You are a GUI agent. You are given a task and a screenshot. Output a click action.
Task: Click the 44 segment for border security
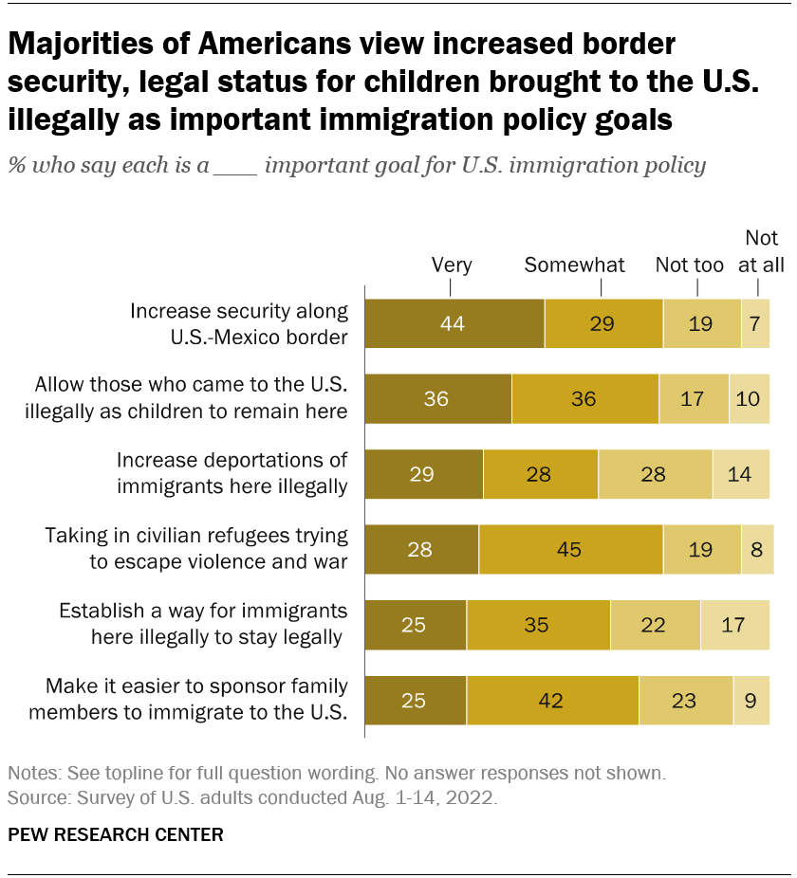tap(454, 323)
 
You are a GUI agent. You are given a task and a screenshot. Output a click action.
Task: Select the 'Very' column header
tap(452, 265)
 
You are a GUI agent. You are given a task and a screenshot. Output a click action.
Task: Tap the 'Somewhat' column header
tap(575, 265)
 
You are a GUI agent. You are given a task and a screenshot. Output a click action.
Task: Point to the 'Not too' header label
tap(690, 265)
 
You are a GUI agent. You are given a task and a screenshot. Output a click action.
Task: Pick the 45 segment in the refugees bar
tap(570, 549)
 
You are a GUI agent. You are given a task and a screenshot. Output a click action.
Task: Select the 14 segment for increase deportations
tap(740, 473)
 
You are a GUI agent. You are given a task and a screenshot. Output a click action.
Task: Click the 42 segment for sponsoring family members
tap(551, 702)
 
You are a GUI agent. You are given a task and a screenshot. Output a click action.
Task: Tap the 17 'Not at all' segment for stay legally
tap(734, 625)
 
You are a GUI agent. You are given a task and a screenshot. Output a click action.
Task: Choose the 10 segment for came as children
tap(749, 398)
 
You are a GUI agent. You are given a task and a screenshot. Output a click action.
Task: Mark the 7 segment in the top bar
tap(755, 323)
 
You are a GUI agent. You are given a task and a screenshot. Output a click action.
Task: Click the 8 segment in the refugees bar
tap(757, 549)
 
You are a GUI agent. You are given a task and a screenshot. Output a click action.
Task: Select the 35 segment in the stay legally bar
tap(538, 625)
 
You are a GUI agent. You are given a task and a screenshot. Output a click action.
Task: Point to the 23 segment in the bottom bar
tap(685, 702)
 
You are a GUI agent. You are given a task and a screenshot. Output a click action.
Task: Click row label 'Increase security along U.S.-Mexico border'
tap(238, 322)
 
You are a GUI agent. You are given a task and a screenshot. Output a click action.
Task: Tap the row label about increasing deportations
tap(232, 473)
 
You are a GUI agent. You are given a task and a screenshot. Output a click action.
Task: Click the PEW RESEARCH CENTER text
tap(116, 835)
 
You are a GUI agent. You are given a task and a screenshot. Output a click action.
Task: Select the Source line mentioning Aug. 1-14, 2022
tap(251, 797)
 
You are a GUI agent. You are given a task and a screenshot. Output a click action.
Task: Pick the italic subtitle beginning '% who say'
tap(356, 165)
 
